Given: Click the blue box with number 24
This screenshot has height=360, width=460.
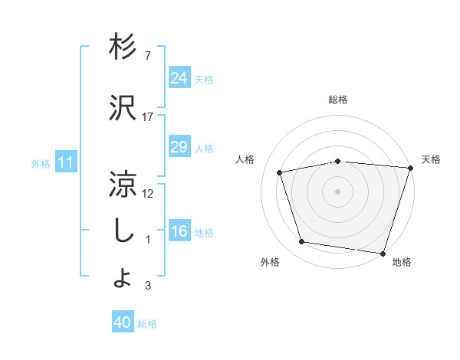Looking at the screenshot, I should (x=179, y=78).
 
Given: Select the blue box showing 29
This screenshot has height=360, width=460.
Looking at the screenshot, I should (x=179, y=147).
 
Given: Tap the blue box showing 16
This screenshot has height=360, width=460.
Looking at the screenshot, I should (x=179, y=232).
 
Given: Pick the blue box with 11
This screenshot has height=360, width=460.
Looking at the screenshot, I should (x=65, y=162).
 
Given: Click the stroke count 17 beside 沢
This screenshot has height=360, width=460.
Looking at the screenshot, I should (x=148, y=116).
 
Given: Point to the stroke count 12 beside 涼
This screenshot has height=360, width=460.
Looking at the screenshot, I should (x=148, y=194).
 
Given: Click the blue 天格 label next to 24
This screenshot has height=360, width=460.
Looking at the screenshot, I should (x=204, y=79).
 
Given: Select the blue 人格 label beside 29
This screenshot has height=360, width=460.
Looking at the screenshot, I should (x=204, y=148).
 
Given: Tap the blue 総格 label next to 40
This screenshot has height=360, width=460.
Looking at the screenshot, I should (x=148, y=324).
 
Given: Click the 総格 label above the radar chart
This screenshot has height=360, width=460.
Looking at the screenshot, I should (x=337, y=100).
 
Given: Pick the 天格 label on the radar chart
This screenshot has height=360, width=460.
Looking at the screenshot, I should (x=431, y=159).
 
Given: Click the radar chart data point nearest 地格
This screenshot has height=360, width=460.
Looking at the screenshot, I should (x=383, y=253).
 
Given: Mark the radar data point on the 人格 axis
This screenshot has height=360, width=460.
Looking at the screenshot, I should (x=280, y=172).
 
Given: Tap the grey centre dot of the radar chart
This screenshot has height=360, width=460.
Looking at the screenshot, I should (x=337, y=191).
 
